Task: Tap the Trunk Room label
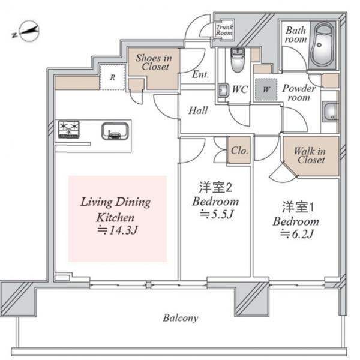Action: (x=224, y=30)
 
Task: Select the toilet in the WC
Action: (x=238, y=60)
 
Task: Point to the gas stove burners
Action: (x=68, y=130)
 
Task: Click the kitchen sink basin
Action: (x=115, y=131)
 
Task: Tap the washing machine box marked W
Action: (x=266, y=89)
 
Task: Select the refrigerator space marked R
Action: (x=112, y=77)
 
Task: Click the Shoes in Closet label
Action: (x=154, y=62)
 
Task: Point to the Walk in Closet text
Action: (x=310, y=155)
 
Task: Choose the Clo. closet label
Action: (x=239, y=151)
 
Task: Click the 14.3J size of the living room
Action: (x=118, y=230)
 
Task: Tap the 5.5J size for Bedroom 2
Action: (x=216, y=214)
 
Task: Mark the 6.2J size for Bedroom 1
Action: (x=296, y=234)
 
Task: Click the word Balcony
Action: (x=181, y=318)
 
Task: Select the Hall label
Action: (x=198, y=110)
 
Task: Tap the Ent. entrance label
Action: (x=200, y=74)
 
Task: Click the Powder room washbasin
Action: (x=330, y=112)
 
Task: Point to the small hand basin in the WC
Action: (x=223, y=90)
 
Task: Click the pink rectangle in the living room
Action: (x=118, y=219)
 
